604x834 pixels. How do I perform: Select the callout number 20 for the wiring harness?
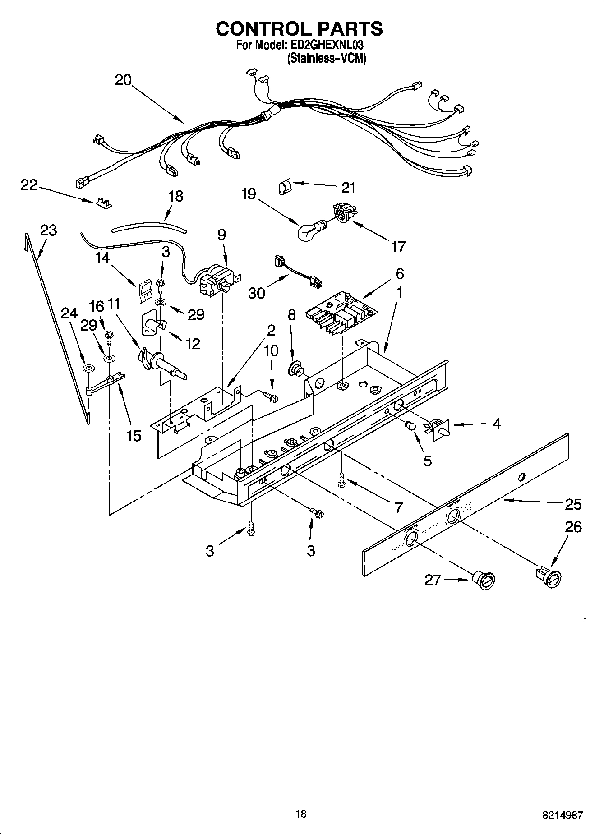pyautogui.click(x=123, y=80)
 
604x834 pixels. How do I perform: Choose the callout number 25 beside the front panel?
pyautogui.click(x=573, y=504)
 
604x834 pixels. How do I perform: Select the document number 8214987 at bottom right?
pyautogui.click(x=562, y=815)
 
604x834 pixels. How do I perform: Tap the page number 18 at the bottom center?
pyautogui.click(x=301, y=814)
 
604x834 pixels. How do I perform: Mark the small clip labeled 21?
pyautogui.click(x=284, y=186)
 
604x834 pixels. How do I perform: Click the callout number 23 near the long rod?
pyautogui.click(x=49, y=230)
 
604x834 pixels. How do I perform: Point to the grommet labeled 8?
pyautogui.click(x=296, y=369)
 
